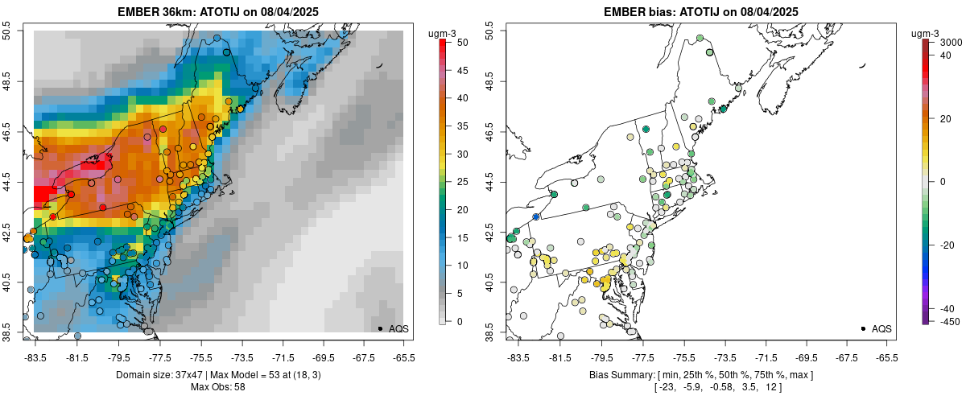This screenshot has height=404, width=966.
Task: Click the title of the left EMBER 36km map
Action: pos(219,11)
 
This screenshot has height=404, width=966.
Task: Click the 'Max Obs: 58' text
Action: pos(218,387)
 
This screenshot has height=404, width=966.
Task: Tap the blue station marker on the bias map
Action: pos(536,216)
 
